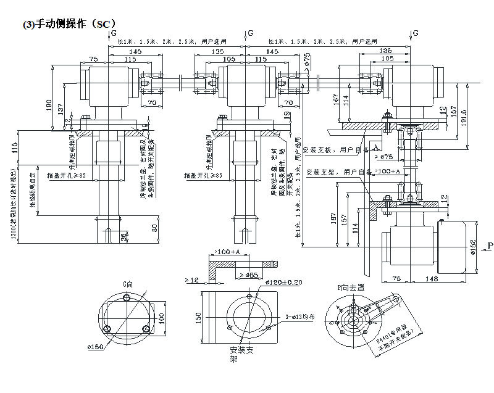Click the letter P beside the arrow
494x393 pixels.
[490, 247]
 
